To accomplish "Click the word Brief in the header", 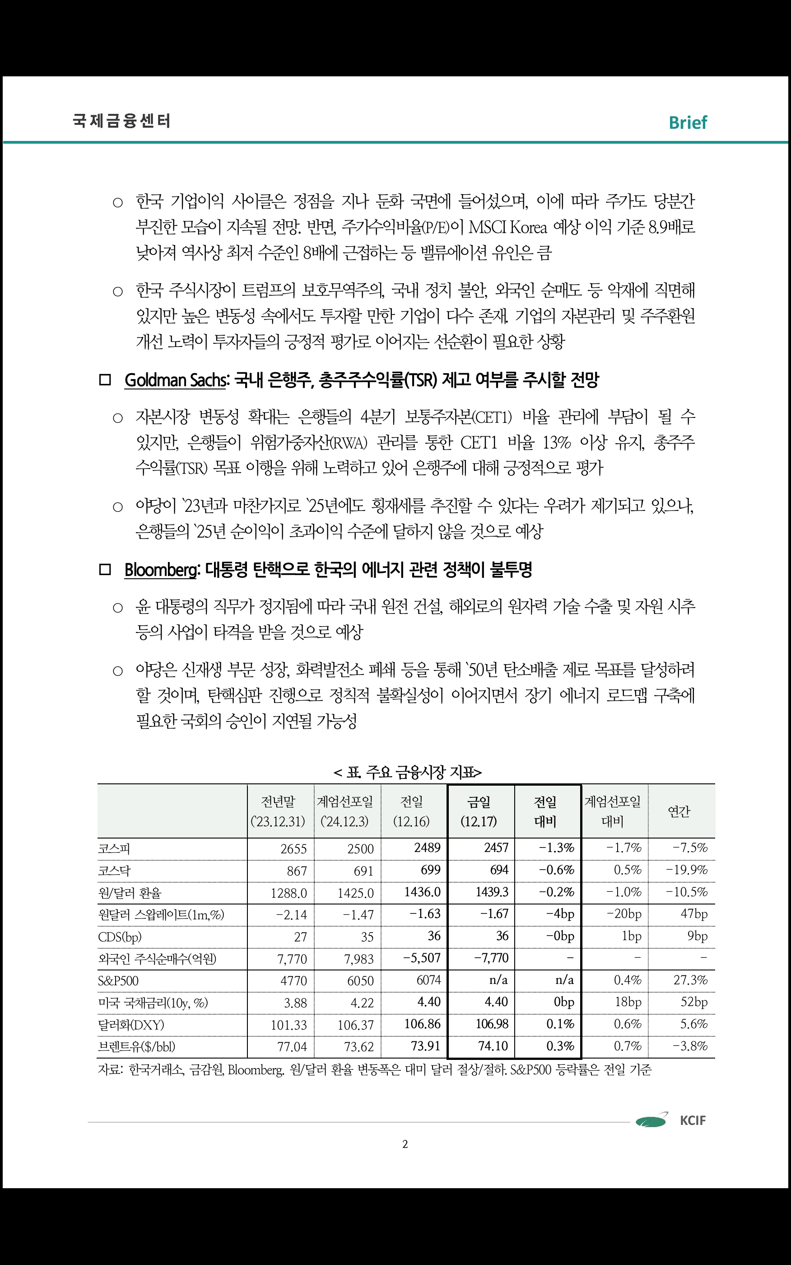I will [688, 122].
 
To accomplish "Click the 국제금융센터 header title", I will [121, 121].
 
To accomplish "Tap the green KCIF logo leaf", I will [651, 1120].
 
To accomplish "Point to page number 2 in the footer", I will [405, 1144].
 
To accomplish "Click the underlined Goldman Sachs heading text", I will [175, 380].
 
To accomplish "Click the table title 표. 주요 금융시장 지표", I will [408, 772].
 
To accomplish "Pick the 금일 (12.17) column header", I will [479, 811].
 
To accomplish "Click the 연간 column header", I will [679, 812].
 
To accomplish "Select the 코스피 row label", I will [114, 848].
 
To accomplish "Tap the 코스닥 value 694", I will [498, 870].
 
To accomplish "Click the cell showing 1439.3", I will [491, 892].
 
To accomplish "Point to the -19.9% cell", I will [686, 870].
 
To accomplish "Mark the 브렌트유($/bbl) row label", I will [136, 1047].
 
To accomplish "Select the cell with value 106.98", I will [491, 1024].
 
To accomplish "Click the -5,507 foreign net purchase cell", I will [421, 958].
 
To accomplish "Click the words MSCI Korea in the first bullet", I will [507, 228].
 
